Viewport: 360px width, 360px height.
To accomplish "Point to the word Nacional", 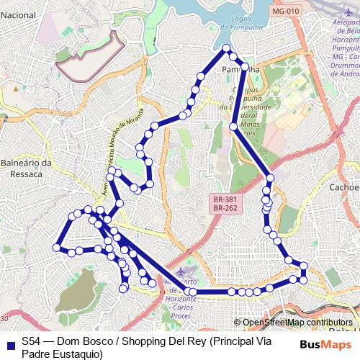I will [x=18, y=4].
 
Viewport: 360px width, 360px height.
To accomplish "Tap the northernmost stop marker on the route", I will [x=226, y=48].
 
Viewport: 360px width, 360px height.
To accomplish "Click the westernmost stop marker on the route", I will [x=57, y=248].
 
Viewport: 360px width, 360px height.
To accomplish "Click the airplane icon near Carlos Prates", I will [x=179, y=272].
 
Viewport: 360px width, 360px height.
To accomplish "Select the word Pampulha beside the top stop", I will [x=239, y=70].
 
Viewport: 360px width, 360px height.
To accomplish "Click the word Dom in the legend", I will [x=68, y=341].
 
